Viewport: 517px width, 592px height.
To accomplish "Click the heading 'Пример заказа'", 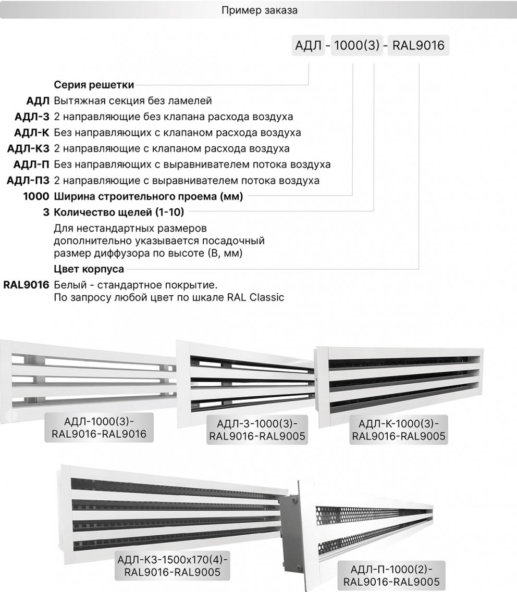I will (x=259, y=10).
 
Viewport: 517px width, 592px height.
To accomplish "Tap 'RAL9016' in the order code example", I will (x=418, y=46).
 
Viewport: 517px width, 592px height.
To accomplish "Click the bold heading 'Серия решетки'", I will (x=94, y=84).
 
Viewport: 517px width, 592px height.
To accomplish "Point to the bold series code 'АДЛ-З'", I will (x=32, y=116).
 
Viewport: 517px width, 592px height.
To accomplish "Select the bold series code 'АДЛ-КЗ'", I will (x=28, y=148).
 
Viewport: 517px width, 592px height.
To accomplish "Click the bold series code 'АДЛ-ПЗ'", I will (x=28, y=181).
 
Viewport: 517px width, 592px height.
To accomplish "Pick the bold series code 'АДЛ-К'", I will (x=32, y=132).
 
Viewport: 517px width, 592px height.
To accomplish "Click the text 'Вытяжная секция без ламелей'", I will (x=133, y=100).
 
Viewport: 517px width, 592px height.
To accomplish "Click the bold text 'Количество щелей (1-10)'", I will (x=119, y=212).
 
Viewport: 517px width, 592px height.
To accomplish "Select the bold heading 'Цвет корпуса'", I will (x=89, y=269).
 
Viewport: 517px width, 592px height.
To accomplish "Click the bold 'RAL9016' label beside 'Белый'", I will (x=26, y=285).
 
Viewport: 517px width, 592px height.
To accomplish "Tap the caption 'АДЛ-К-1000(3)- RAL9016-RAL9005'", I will (x=399, y=429).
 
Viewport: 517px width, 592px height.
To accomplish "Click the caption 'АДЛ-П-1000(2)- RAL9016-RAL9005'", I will (x=391, y=574).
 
